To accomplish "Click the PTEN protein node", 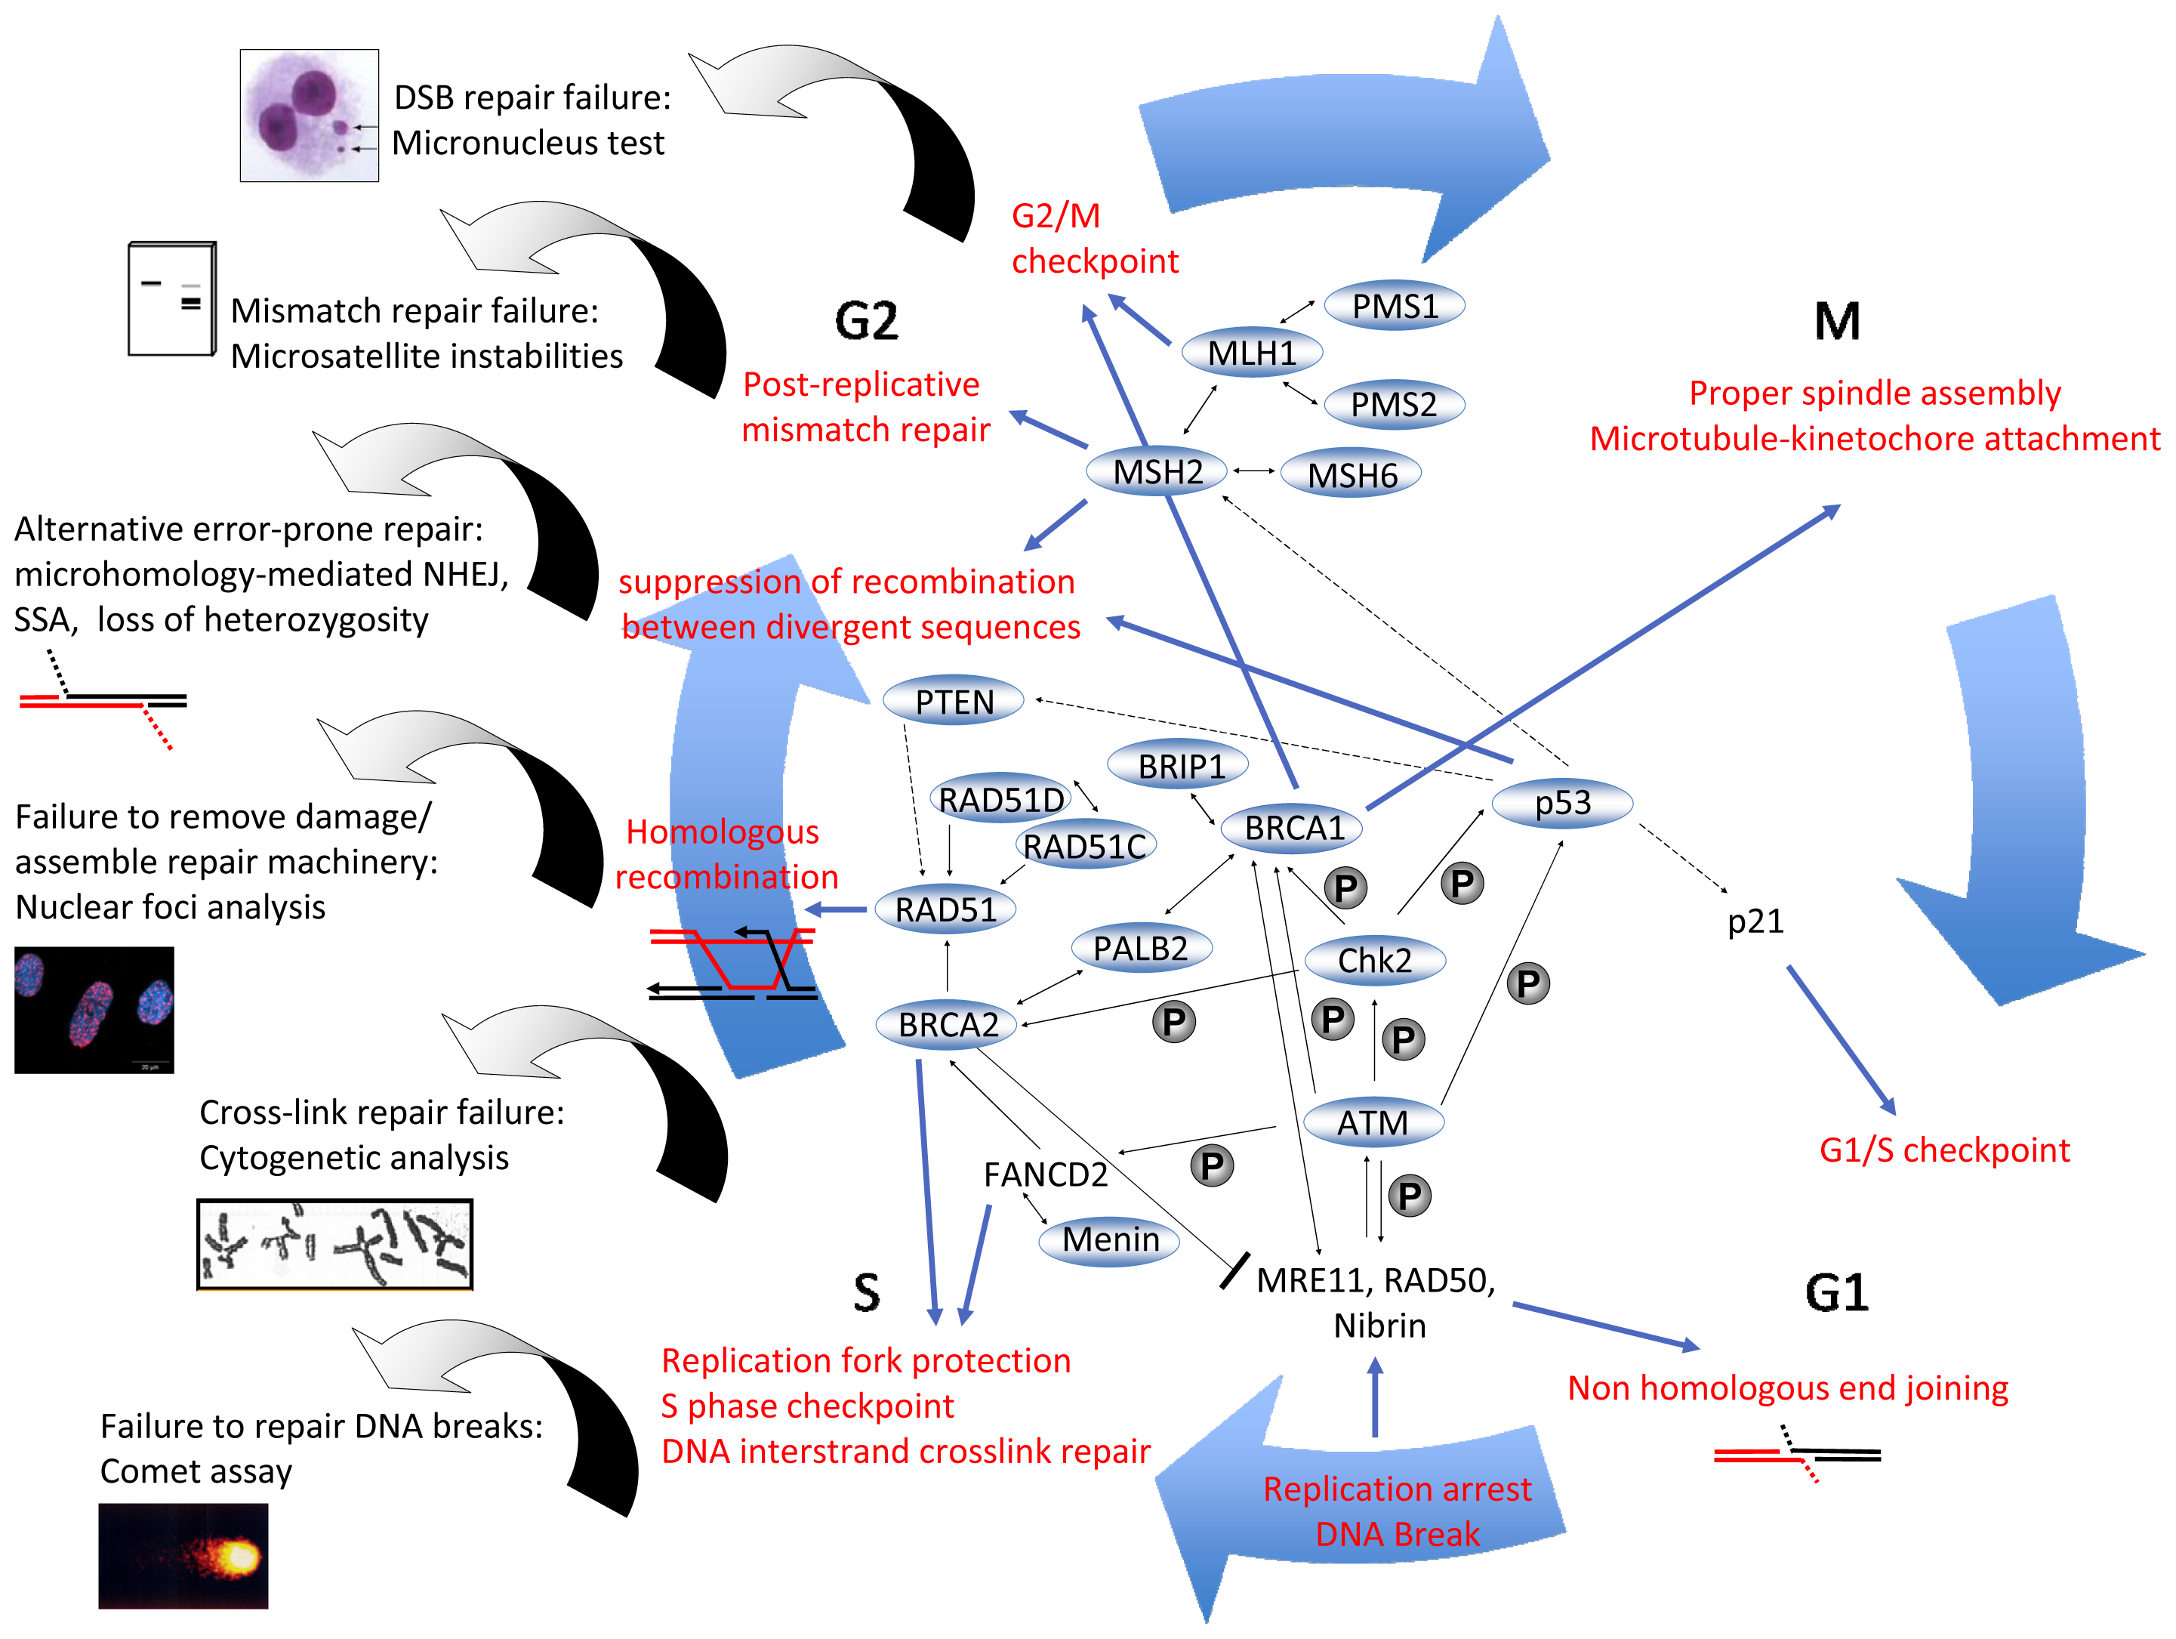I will [x=954, y=702].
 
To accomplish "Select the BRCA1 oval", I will [x=1292, y=829].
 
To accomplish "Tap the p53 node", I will [x=1562, y=803].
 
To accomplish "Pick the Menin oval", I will [x=1110, y=1239].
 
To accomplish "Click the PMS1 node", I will [x=1394, y=306].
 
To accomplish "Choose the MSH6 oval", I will [x=1352, y=475].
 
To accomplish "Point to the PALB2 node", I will [x=1140, y=949].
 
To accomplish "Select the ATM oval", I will [x=1373, y=1122].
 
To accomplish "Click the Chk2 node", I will [x=1374, y=960].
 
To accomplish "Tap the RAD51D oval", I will [x=1000, y=800].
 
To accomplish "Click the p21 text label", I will [x=1755, y=921].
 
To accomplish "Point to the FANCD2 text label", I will [x=1045, y=1174].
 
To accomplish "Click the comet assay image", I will [x=183, y=1555].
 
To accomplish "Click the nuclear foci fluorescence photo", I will [x=94, y=1009].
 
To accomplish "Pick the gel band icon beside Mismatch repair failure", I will [x=172, y=298].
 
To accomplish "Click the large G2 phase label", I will [x=866, y=321].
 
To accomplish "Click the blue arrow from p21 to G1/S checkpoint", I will [x=1841, y=1040].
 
